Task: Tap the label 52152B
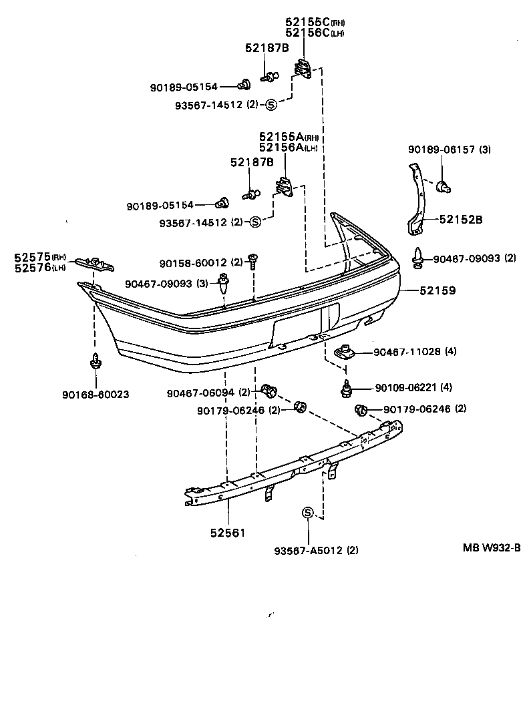click(460, 219)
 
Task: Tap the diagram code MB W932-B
click(492, 547)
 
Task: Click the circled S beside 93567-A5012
click(308, 513)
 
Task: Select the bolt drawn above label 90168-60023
click(96, 362)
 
